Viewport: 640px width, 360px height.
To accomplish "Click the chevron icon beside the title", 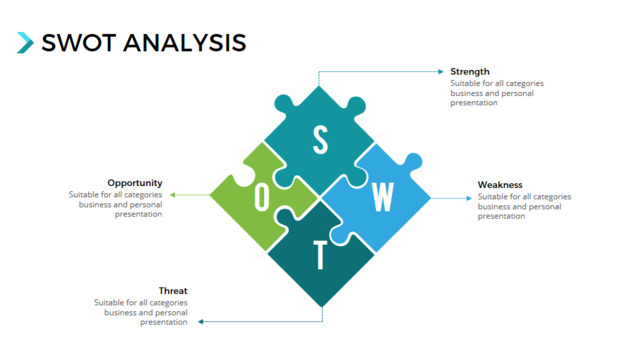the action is (25, 42).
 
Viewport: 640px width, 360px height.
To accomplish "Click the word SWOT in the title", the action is (79, 43).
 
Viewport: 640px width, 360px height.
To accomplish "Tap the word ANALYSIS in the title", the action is (185, 43).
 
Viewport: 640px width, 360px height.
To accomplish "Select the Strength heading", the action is (470, 71).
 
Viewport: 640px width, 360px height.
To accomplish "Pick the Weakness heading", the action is (500, 185).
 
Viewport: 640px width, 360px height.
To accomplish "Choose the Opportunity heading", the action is (135, 183).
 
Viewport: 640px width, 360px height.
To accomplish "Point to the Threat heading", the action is (173, 291).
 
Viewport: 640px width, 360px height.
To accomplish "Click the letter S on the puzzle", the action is (320, 140).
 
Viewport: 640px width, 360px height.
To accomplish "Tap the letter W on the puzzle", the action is (383, 197).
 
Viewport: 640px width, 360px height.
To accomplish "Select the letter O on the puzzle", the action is (262, 197).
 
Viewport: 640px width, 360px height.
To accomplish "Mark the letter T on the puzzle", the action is (320, 255).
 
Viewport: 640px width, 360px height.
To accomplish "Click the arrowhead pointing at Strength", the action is (441, 71).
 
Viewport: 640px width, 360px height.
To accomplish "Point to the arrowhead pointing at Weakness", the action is (469, 198).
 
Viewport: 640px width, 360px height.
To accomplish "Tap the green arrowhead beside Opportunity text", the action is (173, 195).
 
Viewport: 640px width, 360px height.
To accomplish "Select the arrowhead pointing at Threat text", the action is (200, 322).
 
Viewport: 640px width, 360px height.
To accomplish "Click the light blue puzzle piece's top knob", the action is (413, 161).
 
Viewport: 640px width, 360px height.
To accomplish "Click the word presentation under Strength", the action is (474, 103).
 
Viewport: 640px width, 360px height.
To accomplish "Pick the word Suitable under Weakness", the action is (491, 196).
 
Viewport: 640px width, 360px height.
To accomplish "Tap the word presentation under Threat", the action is (164, 322).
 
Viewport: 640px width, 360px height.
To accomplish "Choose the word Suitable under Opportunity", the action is (82, 194).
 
